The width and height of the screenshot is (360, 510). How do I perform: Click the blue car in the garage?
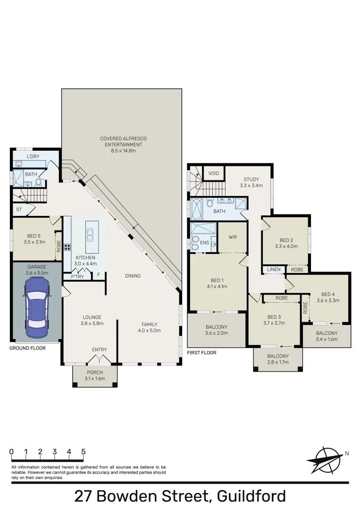point(36,307)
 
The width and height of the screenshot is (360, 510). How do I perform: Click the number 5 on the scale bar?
point(84,451)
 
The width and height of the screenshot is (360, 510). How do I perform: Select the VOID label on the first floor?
point(213,173)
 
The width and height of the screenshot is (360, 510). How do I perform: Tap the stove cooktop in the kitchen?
point(67,246)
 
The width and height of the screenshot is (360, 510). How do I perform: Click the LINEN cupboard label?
point(273,270)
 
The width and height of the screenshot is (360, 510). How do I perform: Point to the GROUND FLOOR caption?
point(27,348)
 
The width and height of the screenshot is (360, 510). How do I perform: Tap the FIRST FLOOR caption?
point(202,352)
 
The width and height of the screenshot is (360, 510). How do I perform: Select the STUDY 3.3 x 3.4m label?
point(251,182)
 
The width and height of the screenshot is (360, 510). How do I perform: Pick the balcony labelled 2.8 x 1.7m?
point(278,359)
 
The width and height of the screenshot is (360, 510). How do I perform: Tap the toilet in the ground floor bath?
point(38,181)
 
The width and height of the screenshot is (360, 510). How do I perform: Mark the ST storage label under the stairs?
point(19,209)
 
